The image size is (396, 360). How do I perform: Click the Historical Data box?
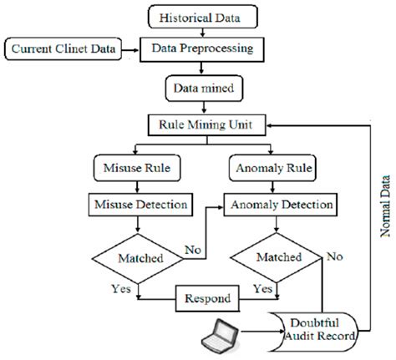pyautogui.click(x=198, y=16)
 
